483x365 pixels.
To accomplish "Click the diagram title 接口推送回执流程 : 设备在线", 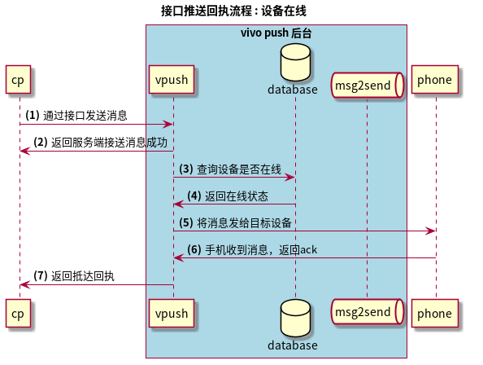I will coord(233,11).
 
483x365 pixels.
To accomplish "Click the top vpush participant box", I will coord(172,80).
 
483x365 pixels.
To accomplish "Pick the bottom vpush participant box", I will coord(172,313).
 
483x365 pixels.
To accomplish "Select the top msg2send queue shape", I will coord(368,85).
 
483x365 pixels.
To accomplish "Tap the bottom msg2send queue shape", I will coord(368,313).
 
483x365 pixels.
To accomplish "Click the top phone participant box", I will coord(435,80).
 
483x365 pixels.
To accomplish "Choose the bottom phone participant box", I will coord(435,313).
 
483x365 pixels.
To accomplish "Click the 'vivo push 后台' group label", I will coord(276,33).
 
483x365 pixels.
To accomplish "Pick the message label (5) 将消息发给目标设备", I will coord(236,222).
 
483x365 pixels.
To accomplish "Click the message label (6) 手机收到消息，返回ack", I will coord(252,249).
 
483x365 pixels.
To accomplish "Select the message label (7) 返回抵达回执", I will coord(74,276).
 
